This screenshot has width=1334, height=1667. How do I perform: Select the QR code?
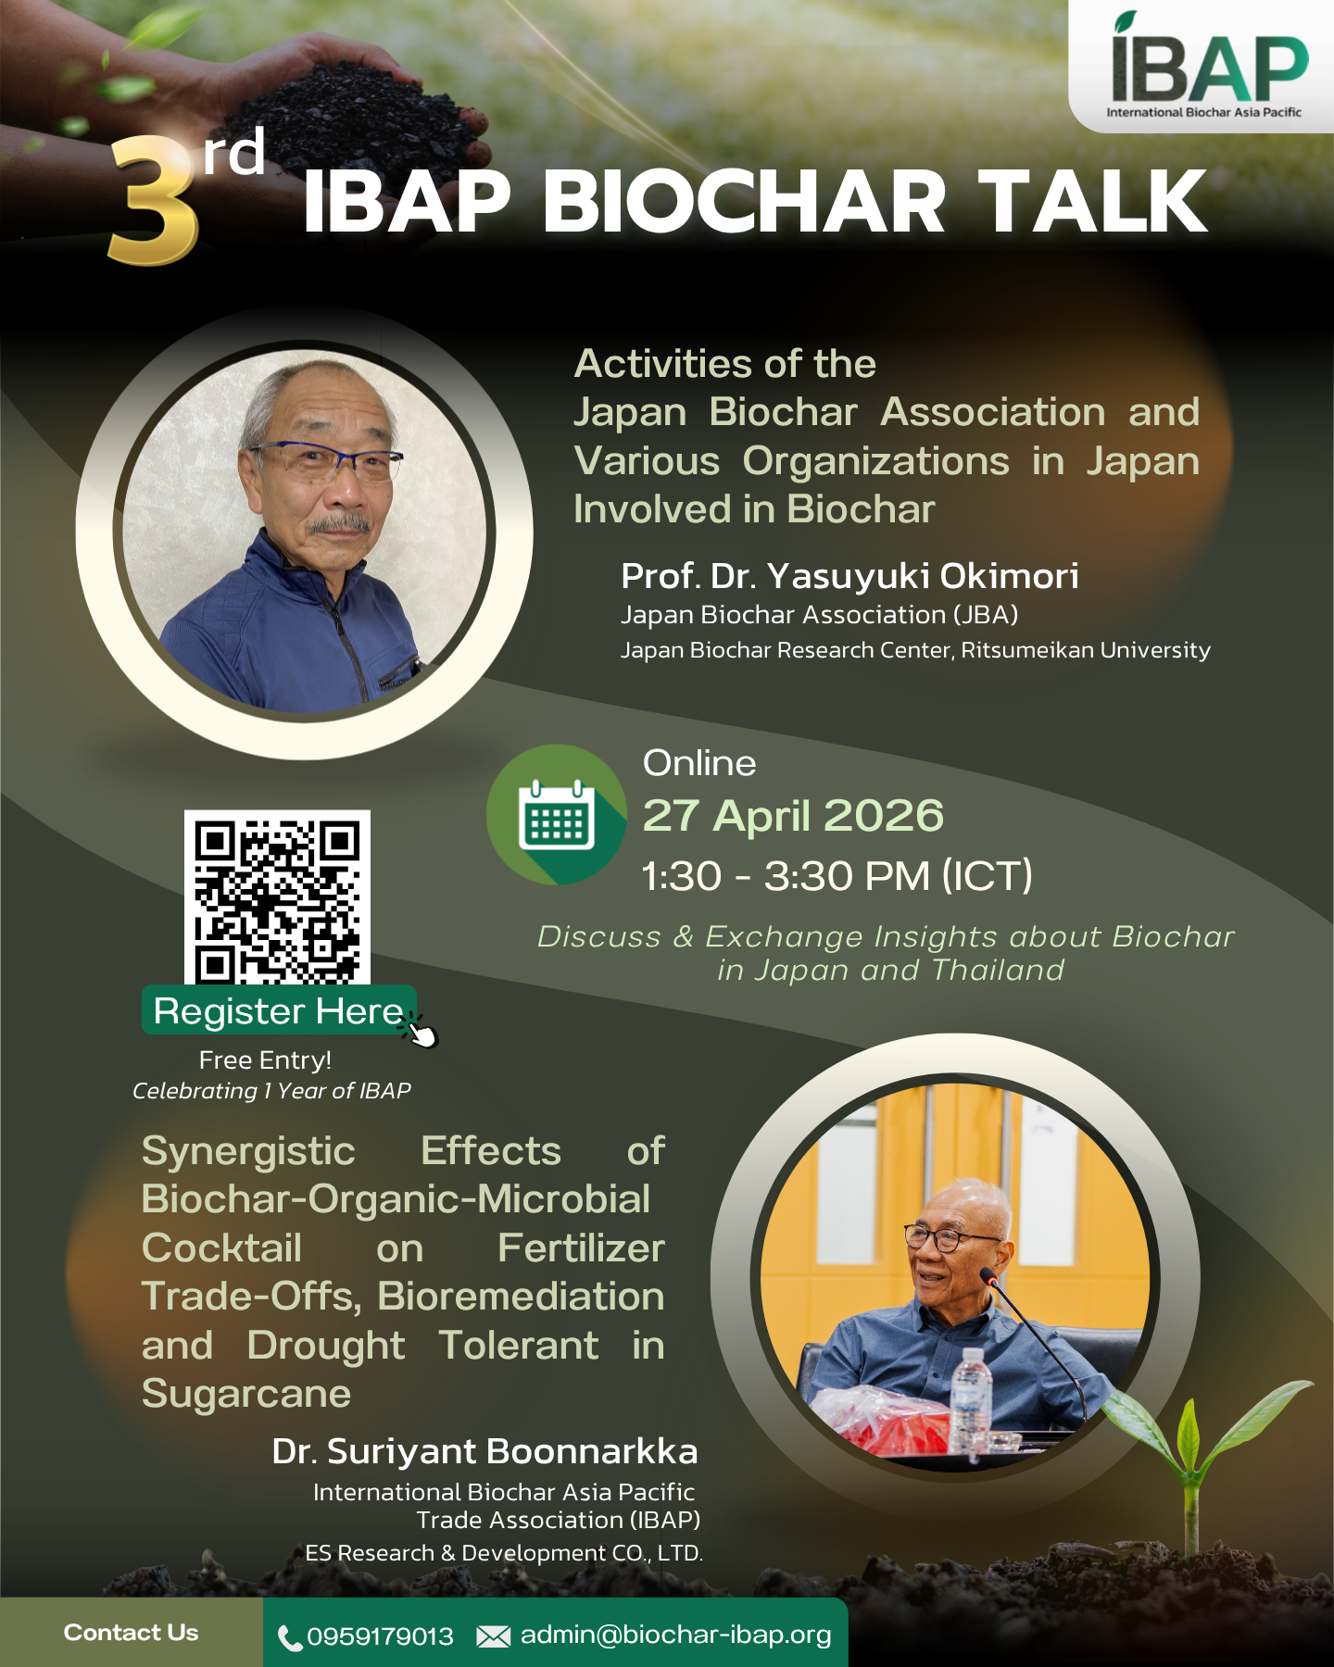pos(277,897)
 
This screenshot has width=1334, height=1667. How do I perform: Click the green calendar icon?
pos(557,815)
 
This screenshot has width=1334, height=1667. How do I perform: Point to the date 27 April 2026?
pos(793,816)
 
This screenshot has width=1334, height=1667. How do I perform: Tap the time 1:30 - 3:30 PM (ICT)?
pos(837,876)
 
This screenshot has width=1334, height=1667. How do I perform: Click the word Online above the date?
pos(699,763)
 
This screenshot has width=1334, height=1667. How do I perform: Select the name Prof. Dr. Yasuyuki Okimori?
pos(849,576)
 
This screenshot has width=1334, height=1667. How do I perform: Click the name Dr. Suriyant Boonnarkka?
pos(485,1451)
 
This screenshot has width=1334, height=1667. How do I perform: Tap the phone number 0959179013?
pos(380,1636)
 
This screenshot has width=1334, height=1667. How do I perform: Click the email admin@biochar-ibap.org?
pos(676,1636)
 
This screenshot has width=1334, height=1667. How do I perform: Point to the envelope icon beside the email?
pos(493,1637)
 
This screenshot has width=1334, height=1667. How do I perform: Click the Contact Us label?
pos(131,1633)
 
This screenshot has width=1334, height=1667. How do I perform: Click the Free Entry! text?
pos(265,1060)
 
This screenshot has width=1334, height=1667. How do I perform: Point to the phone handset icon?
pos(290,1638)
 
